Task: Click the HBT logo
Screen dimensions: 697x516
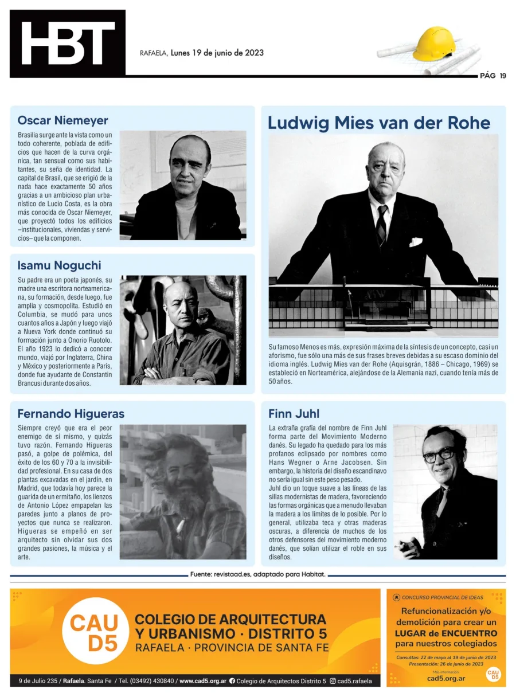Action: [x=68, y=43]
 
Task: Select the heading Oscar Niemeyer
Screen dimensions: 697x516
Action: [x=62, y=120]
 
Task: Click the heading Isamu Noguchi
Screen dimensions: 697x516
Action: [x=59, y=265]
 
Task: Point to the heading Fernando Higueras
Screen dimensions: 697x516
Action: [x=71, y=413]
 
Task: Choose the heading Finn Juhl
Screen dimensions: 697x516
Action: [x=294, y=413]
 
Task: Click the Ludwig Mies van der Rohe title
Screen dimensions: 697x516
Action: [x=379, y=123]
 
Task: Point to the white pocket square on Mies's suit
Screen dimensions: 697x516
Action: [x=415, y=241]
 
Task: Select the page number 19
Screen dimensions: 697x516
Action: [x=502, y=76]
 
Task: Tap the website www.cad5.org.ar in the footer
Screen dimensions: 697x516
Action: [x=202, y=681]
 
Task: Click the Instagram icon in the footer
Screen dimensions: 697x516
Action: [x=333, y=681]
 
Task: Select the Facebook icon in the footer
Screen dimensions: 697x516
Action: [x=232, y=681]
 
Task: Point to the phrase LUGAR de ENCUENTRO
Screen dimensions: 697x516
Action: [x=445, y=633]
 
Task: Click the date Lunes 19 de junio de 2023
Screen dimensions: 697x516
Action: [x=217, y=53]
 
